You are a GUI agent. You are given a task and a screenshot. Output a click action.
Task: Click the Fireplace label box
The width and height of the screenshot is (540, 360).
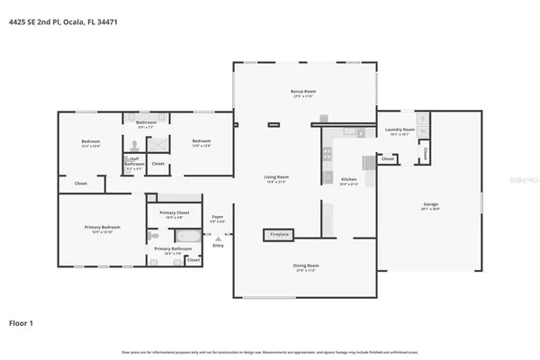pyautogui.click(x=279, y=234)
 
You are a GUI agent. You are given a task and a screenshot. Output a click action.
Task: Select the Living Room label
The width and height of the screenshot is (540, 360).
pyautogui.click(x=275, y=179)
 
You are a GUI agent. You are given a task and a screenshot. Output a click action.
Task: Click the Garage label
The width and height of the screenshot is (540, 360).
pyautogui.click(x=430, y=206)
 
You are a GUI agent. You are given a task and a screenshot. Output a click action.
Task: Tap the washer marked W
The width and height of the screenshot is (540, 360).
pyautogui.click(x=423, y=132)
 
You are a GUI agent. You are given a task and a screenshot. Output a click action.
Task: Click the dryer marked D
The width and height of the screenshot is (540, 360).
pyautogui.click(x=423, y=119)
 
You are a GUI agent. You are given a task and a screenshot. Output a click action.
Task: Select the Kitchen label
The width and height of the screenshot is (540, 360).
pyautogui.click(x=350, y=181)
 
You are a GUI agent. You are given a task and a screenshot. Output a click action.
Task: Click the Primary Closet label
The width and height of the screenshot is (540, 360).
pyautogui.click(x=173, y=215)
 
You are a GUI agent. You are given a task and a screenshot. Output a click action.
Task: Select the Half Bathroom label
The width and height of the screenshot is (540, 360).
pyautogui.click(x=133, y=162)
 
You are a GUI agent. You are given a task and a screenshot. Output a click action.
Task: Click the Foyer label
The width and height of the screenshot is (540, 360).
pyautogui.click(x=218, y=218)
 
